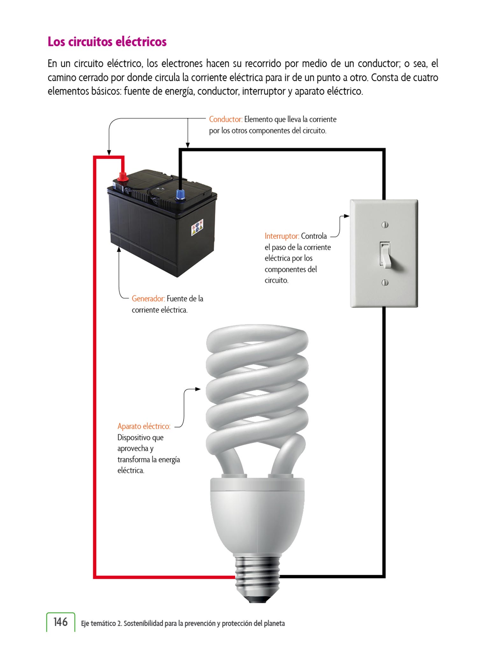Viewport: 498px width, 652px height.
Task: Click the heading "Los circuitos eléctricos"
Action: [x=107, y=42]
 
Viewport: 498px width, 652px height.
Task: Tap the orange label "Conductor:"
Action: [x=226, y=119]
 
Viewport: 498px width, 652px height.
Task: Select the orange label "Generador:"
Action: [x=148, y=299]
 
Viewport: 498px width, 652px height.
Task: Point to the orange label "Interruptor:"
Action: [x=282, y=236]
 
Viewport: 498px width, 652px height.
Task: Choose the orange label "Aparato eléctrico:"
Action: [x=144, y=426]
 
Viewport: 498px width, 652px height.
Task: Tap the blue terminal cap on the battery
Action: [x=181, y=194]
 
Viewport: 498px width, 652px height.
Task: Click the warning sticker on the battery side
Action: [x=197, y=227]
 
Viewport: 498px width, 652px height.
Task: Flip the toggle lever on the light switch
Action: [x=386, y=255]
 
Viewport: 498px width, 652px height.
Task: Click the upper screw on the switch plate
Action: [x=385, y=225]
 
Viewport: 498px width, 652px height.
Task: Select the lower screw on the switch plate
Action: [x=385, y=282]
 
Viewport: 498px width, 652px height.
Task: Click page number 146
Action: [x=60, y=622]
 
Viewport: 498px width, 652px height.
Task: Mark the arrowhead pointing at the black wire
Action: [x=188, y=145]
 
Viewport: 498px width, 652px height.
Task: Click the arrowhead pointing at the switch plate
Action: [x=347, y=216]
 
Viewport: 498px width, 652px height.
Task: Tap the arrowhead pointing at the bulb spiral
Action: [x=198, y=389]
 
